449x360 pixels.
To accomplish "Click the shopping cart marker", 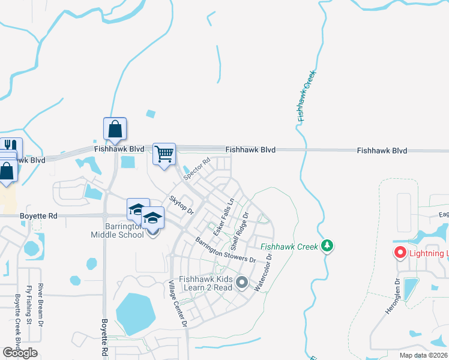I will [164, 154].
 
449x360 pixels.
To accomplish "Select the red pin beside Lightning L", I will [400, 253].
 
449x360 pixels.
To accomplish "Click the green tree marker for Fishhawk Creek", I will [327, 245].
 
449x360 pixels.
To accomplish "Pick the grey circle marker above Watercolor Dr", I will [242, 281].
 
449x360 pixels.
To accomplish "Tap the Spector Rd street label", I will [197, 170].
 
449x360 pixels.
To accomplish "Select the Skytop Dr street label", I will [181, 205].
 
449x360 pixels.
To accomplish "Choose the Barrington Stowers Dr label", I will [225, 249].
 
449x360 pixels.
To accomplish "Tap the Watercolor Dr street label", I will [264, 272].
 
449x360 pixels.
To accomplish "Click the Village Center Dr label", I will [178, 304].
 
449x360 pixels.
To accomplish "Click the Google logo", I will [20, 353].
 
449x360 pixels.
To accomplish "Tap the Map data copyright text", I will [423, 355].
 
